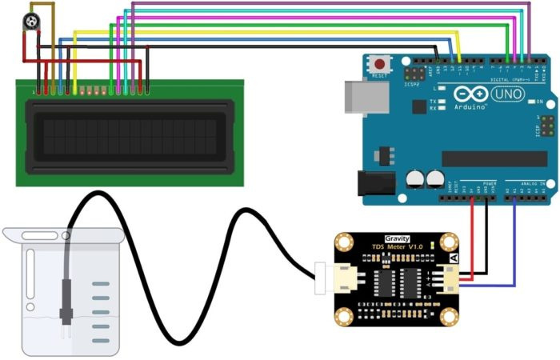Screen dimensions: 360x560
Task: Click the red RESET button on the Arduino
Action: (379, 63)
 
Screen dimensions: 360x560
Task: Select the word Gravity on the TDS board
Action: (397, 238)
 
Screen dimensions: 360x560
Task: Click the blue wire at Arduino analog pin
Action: (514, 240)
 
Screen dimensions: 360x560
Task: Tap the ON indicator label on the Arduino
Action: (541, 102)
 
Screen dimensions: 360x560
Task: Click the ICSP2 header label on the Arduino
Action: (413, 84)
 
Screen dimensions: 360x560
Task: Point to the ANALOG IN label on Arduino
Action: (530, 183)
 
